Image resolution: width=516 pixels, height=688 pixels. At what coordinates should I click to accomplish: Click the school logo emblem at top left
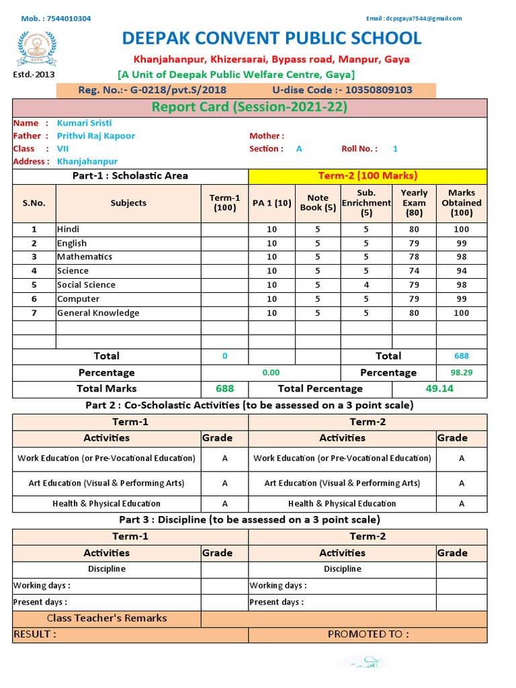(34, 46)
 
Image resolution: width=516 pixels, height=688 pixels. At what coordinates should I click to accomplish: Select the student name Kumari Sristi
(84, 123)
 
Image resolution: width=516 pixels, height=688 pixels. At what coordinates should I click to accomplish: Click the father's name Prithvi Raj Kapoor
(95, 136)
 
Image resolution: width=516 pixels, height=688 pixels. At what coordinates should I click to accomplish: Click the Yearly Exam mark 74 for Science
(414, 271)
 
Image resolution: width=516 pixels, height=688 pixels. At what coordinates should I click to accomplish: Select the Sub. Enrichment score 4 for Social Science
(366, 285)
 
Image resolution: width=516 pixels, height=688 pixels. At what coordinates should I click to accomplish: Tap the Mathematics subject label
(85, 257)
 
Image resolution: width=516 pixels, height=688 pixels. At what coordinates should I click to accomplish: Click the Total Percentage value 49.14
(439, 388)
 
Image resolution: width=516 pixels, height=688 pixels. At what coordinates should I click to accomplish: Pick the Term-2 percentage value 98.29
(461, 372)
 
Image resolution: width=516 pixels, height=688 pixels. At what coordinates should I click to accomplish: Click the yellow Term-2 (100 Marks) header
(368, 176)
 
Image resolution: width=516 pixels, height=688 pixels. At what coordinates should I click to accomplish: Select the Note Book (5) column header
(318, 203)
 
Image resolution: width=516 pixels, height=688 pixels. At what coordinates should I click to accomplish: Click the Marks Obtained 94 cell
(461, 271)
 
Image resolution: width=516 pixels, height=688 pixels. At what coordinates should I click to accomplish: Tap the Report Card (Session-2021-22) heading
(249, 107)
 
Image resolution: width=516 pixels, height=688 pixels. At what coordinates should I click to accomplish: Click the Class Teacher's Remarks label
(107, 618)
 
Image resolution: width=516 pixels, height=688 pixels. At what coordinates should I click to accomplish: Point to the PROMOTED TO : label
(368, 634)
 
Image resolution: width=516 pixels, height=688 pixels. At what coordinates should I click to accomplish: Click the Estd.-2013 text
(34, 75)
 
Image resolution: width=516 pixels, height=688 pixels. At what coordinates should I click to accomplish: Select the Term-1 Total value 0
(224, 356)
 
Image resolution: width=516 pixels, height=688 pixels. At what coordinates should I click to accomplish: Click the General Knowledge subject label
(98, 313)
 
